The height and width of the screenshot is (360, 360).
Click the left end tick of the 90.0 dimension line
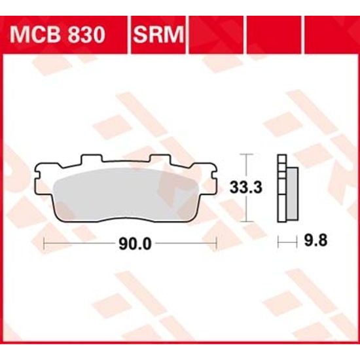(x=43, y=244)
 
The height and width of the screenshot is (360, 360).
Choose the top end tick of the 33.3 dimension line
(x=245, y=154)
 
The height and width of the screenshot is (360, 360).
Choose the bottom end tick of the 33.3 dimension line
(x=245, y=221)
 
